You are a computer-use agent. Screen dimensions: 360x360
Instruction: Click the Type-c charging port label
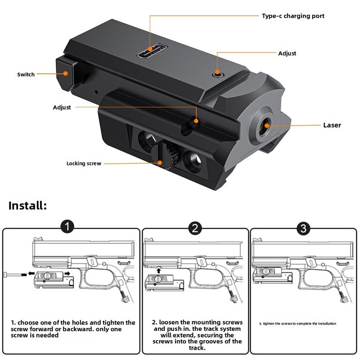293,16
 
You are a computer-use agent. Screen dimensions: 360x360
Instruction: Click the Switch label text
26,74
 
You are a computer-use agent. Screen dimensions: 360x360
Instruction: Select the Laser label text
332,125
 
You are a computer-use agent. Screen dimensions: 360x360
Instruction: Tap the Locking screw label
84,163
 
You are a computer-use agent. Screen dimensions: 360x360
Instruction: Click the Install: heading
27,206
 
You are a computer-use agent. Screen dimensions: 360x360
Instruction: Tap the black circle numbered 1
67,228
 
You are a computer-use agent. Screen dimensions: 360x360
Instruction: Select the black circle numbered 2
194,228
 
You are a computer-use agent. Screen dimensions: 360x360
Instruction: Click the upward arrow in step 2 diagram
158,270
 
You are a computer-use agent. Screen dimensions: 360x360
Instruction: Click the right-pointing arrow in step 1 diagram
66,273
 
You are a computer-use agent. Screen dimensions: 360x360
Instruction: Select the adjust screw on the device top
218,72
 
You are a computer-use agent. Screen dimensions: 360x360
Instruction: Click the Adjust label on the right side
287,53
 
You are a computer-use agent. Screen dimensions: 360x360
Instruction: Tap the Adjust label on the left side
62,108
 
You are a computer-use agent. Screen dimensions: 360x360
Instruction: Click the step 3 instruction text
297,324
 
